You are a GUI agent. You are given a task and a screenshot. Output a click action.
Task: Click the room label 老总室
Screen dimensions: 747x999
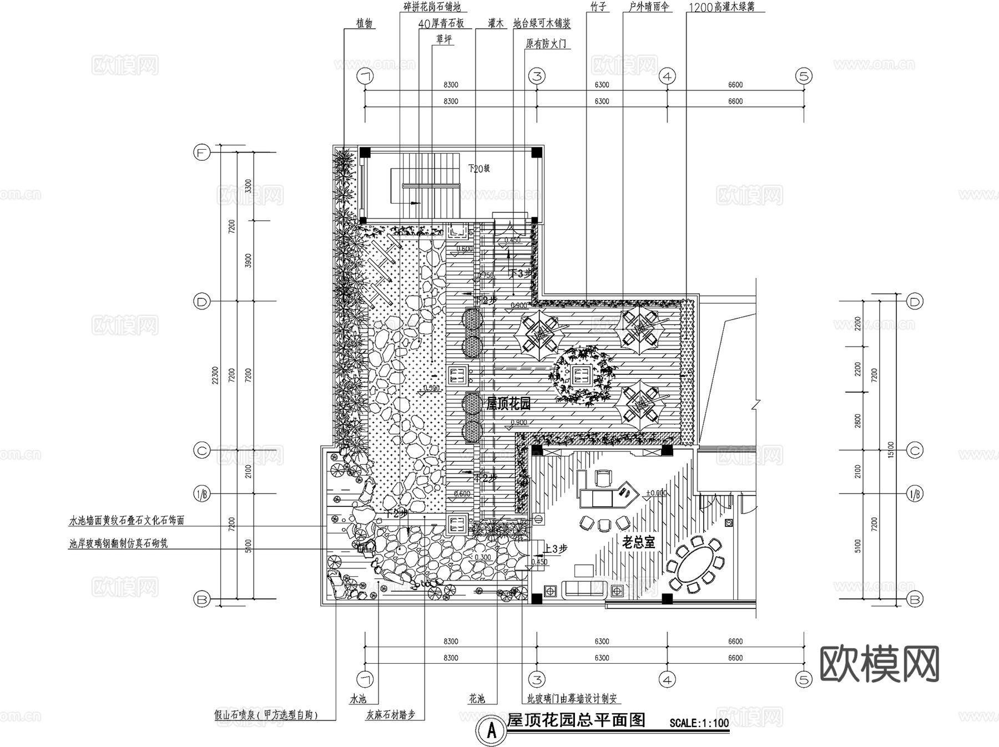tap(638, 542)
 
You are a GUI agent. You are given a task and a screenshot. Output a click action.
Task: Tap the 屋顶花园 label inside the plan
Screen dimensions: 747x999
tap(508, 403)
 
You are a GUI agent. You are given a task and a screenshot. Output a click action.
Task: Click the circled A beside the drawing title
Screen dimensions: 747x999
tap(491, 731)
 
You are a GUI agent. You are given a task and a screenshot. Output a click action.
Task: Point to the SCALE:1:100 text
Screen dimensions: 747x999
tap(699, 723)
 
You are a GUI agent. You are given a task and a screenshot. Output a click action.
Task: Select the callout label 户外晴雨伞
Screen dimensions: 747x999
tap(649, 7)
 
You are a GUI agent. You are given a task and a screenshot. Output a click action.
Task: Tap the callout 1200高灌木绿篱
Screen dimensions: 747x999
tap(725, 7)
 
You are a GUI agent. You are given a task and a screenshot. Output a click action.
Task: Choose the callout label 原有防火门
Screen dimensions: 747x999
tap(546, 44)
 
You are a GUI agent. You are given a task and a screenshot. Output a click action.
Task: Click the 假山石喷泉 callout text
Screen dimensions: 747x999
tap(266, 715)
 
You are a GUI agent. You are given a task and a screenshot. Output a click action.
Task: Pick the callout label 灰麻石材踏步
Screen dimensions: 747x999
tap(391, 715)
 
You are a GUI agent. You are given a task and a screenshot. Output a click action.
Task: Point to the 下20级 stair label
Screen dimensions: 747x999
tap(478, 169)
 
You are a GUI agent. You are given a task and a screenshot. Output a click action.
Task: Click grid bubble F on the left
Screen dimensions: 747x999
tap(201, 152)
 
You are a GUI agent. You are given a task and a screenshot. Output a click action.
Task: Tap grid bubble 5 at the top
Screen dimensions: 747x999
tap(804, 76)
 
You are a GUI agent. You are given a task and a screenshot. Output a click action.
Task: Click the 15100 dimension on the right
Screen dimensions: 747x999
tap(890, 450)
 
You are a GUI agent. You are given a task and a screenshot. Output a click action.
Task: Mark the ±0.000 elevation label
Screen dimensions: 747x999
tap(656, 493)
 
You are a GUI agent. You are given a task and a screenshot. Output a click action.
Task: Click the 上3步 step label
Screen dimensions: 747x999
tap(555, 548)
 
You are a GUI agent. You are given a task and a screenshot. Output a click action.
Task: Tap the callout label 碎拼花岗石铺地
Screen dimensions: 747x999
tap(432, 7)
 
